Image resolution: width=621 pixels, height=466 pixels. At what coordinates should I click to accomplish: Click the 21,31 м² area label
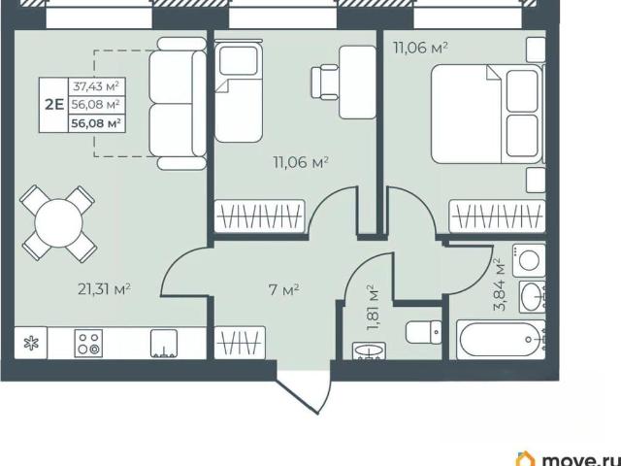[x=104, y=289]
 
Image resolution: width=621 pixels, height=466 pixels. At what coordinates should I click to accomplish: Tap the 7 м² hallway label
[x=283, y=290]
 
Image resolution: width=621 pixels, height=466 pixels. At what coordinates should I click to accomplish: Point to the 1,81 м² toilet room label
[x=373, y=308]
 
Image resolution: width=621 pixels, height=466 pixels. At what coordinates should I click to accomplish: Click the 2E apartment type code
[x=54, y=105]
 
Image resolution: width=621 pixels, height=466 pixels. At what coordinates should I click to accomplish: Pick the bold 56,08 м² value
[x=96, y=123]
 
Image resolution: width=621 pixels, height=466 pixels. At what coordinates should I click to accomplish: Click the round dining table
[x=58, y=223]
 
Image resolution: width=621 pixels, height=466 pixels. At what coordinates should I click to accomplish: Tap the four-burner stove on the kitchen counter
[x=88, y=343]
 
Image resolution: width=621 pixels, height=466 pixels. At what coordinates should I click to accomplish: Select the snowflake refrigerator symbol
[x=31, y=343]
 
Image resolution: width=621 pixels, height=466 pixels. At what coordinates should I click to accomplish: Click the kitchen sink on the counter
[x=164, y=344]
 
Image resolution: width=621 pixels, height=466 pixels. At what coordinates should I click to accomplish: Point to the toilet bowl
[x=423, y=332]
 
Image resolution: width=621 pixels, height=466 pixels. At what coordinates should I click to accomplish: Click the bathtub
[x=501, y=340]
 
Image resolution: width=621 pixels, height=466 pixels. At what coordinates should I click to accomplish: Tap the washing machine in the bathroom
[x=529, y=260]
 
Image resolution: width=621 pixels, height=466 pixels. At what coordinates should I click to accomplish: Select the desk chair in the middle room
[x=325, y=82]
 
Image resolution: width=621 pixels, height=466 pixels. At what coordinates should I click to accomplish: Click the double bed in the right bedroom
[x=487, y=115]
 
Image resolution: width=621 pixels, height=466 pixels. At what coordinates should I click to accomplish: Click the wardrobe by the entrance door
[x=240, y=343]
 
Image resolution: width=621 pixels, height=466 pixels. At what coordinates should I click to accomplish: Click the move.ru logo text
[x=580, y=459]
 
